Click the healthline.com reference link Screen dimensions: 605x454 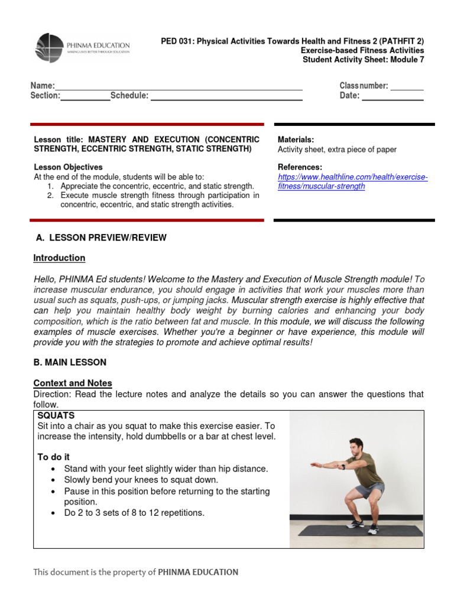pos(352,181)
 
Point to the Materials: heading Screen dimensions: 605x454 pos(296,139)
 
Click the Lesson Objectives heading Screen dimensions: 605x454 pos(68,167)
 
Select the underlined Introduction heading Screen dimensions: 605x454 pos(59,258)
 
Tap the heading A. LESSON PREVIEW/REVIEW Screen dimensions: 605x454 pos(101,238)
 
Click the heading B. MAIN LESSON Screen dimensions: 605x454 pos(70,362)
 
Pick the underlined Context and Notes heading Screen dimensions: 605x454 pos(72,383)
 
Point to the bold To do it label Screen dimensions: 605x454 pos(54,457)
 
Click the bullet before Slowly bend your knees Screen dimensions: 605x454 pos(54,480)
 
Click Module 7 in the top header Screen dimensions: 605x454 pos(408,59)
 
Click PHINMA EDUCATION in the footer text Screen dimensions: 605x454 pos(198,572)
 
